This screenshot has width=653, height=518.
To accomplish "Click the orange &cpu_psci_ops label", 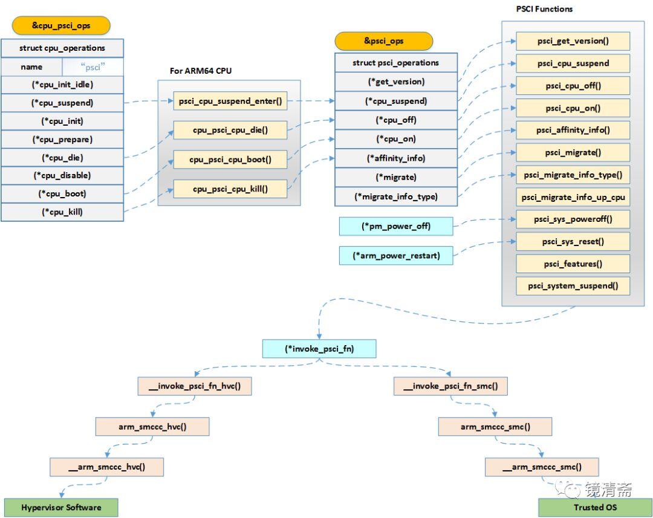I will coord(61,26).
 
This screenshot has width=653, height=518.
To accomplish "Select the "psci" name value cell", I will coord(93,67).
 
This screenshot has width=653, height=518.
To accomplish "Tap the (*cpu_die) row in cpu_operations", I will coord(62,158).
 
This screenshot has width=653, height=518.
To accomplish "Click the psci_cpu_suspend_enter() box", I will coord(230,101).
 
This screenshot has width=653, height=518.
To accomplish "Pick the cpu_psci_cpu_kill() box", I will coord(230,189).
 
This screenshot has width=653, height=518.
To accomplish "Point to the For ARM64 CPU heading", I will coord(200,71).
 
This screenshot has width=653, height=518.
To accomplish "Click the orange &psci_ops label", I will coord(384,41).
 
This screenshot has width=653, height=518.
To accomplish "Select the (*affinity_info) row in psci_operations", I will coord(396,158).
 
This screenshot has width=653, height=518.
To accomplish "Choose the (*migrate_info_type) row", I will coord(396,196).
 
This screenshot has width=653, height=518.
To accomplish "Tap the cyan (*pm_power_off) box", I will coord(396,226).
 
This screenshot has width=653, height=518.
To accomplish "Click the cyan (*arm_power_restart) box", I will coord(396,256).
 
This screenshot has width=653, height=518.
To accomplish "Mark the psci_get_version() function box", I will coord(573,41).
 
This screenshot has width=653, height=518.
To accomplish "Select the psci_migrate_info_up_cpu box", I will coord(573,197).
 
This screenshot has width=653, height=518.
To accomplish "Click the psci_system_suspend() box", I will coord(573,285).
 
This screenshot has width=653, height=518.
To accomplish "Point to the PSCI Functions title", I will coord(544,9).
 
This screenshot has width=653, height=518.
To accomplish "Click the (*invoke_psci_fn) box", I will coord(319,349).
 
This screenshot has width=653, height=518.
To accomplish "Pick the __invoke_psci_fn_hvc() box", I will coord(194,386).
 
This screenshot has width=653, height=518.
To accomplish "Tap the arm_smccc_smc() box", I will coord(495,427).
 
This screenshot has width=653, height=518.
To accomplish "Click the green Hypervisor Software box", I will coord(61,507).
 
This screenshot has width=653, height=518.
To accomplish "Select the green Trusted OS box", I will coord(595,507).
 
